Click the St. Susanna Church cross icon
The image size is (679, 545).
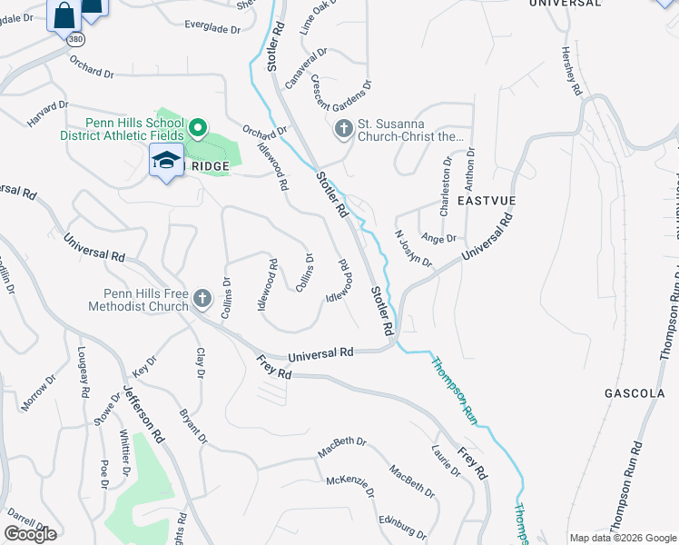click(344, 129)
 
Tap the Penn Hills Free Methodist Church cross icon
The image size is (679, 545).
click(202, 298)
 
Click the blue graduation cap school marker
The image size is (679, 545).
click(166, 162)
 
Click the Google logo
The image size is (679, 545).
click(30, 534)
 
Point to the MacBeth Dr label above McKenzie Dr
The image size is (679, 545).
click(342, 447)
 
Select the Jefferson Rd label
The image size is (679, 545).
click(144, 411)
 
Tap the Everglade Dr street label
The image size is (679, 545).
click(212, 29)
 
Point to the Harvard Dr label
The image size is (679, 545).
click(47, 112)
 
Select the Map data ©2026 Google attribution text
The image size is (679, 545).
click(623, 538)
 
